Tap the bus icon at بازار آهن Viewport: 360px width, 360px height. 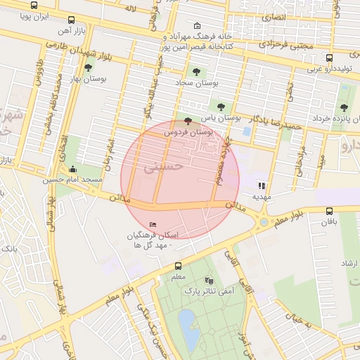click(72, 21)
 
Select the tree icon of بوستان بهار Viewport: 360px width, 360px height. click(87, 68)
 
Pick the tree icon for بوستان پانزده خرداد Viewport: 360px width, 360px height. click(343, 108)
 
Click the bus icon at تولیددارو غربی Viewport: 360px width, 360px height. click(329, 58)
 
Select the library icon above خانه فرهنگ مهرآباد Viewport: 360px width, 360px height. click(196, 25)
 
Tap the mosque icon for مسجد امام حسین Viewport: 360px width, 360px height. click(73, 169)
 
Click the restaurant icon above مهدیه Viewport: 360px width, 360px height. click(262, 186)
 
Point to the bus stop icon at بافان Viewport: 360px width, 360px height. click(329, 211)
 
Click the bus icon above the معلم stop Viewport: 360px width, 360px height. click(177, 266)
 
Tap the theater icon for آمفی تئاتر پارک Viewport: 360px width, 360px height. click(208, 280)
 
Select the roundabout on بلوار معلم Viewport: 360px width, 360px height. click(264, 222)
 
